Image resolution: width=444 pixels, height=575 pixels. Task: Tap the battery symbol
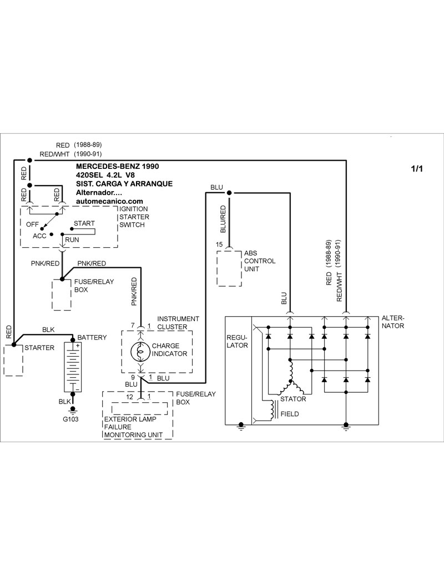tap(73, 367)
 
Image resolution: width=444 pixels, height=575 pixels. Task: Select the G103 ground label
tap(70, 419)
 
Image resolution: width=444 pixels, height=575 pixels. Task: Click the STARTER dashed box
tap(13, 360)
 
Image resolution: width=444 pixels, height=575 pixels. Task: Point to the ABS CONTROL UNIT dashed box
tap(229, 268)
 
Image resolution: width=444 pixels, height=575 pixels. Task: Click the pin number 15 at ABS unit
tap(219, 244)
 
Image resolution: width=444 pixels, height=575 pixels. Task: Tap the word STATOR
tap(293, 399)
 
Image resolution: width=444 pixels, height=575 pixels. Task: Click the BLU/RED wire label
tap(223, 218)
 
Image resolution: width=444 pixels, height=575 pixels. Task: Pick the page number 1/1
tap(417, 169)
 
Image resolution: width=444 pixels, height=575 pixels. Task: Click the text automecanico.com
tap(109, 201)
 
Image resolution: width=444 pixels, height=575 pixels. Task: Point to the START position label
tap(84, 223)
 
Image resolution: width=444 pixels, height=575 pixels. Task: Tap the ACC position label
tap(39, 236)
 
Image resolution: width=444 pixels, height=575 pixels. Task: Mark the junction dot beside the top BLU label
tap(229, 193)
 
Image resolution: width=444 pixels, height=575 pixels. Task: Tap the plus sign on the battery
tap(77, 346)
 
